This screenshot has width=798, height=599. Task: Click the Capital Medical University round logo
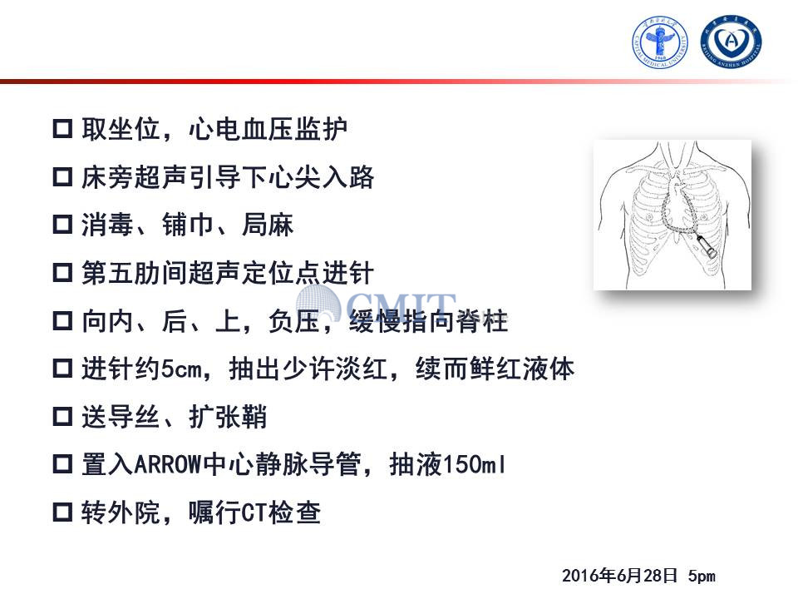(660, 42)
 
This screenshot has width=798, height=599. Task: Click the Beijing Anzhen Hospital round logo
(731, 41)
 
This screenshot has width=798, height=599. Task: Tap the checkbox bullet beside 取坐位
(62, 128)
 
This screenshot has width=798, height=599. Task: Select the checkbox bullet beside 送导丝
(62, 416)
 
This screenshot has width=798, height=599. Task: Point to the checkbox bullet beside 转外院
(62, 512)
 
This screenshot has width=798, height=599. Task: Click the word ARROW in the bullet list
(168, 464)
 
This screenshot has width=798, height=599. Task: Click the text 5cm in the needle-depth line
(181, 369)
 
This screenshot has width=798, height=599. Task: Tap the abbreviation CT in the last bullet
(254, 512)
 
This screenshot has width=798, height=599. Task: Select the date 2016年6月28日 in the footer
(619, 576)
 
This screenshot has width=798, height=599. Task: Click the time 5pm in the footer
(702, 576)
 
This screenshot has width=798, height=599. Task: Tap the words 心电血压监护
(268, 128)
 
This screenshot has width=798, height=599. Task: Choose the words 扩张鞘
(228, 417)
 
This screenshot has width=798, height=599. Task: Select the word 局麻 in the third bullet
(268, 225)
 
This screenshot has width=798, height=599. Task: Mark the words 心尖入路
(321, 176)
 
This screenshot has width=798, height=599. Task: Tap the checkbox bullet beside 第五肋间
(62, 273)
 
